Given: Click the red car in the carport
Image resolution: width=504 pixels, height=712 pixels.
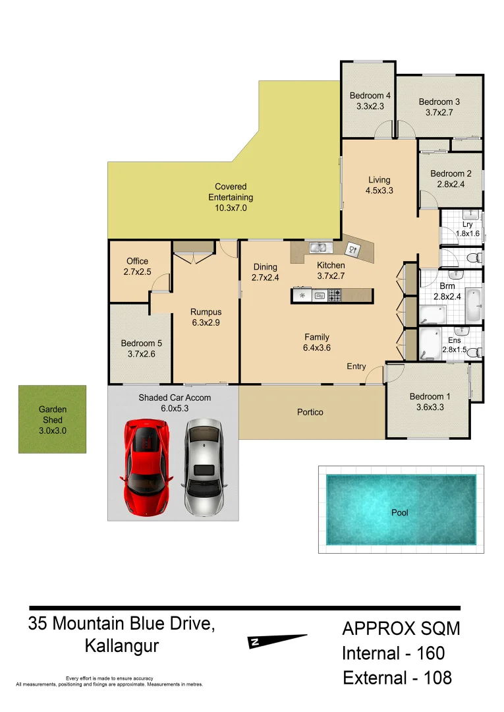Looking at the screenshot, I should click(x=146, y=467).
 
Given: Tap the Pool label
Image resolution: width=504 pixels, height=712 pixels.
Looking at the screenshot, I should click(x=400, y=512).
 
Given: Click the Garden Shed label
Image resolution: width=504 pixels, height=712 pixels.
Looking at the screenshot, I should click(x=53, y=414).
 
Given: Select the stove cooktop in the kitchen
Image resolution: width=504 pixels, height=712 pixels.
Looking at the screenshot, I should click(x=335, y=296).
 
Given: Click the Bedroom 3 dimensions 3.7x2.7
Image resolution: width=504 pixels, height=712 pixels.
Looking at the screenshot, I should click(x=439, y=112).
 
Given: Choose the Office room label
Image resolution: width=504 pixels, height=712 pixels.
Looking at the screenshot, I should click(x=138, y=261).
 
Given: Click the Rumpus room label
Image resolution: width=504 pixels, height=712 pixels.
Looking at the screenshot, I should click(x=206, y=312).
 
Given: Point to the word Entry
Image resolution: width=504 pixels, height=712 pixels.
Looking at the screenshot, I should click(x=356, y=366).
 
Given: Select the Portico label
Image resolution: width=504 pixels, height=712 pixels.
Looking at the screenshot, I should click(x=310, y=412).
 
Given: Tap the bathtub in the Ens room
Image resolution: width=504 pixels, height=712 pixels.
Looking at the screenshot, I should click(x=430, y=343).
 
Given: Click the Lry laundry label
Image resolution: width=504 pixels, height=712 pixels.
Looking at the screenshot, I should click(x=468, y=224).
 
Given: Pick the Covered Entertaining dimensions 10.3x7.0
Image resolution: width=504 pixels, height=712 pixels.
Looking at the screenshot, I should click(x=230, y=208).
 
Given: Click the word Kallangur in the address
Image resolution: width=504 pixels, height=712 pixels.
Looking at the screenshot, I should click(x=122, y=646).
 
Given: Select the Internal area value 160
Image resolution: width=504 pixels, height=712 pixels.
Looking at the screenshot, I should click(x=431, y=653).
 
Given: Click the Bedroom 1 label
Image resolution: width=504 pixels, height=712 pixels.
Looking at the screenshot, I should click(x=430, y=396).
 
